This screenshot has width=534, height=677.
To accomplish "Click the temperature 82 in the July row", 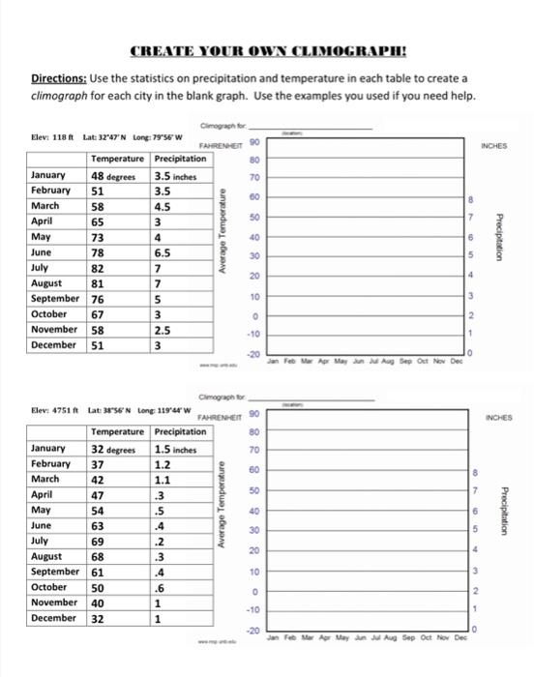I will click(x=100, y=268).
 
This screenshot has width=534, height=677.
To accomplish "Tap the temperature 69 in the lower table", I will click(x=100, y=540).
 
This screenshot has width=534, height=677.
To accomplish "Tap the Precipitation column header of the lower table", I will click(x=180, y=432).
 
